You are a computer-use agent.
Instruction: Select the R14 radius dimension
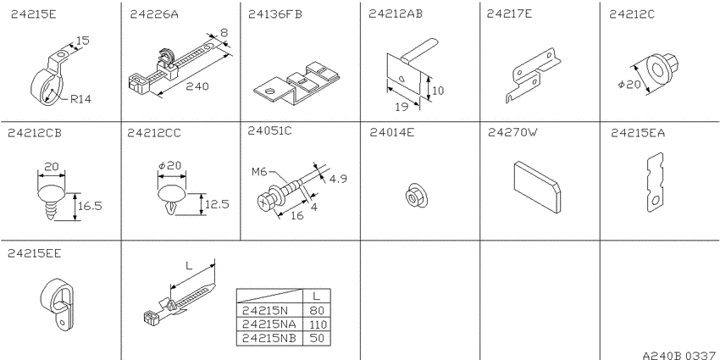(80, 99)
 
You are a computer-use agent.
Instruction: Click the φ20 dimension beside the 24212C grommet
(629, 85)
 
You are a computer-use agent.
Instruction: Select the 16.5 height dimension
(90, 206)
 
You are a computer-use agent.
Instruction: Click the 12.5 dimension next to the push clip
(216, 204)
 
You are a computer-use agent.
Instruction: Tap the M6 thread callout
(259, 172)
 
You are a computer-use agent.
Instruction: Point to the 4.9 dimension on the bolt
(339, 179)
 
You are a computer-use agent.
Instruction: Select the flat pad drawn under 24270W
(536, 187)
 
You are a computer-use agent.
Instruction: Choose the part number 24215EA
(638, 133)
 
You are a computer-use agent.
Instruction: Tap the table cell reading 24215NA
(269, 324)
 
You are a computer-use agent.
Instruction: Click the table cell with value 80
(317, 310)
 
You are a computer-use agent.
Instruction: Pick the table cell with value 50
(317, 339)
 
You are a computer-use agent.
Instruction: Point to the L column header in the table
(317, 296)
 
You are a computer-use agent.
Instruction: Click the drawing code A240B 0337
(680, 355)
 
